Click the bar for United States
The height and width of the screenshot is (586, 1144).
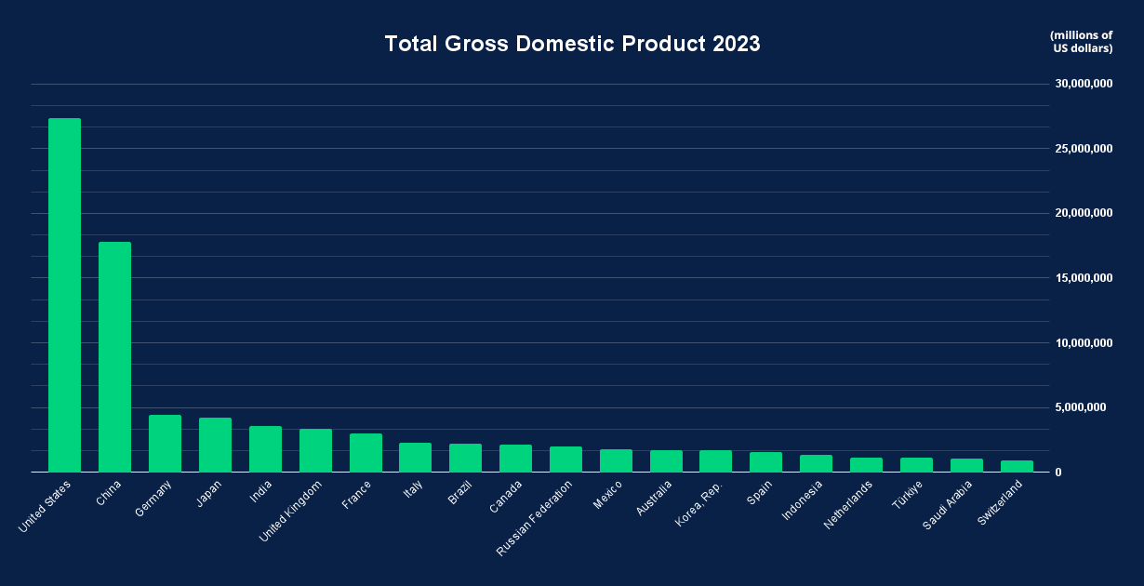(x=64, y=295)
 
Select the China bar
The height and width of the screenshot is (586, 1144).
(x=114, y=356)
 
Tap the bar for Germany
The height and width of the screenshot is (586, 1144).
(x=165, y=443)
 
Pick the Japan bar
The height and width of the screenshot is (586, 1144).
(x=215, y=445)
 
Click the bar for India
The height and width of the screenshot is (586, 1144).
(x=265, y=448)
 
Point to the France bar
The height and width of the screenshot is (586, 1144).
(x=366, y=452)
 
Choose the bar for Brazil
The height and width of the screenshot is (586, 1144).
(x=465, y=458)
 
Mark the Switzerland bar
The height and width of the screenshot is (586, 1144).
(x=1017, y=466)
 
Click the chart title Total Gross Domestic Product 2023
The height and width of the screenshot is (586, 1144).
(x=572, y=44)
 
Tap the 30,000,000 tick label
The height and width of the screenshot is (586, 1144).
(x=1084, y=84)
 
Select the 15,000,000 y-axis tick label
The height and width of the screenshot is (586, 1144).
(x=1084, y=278)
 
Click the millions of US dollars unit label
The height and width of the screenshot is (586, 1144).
(x=1082, y=42)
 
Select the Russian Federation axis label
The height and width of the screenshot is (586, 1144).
(x=535, y=517)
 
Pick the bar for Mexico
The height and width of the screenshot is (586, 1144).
(x=616, y=460)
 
